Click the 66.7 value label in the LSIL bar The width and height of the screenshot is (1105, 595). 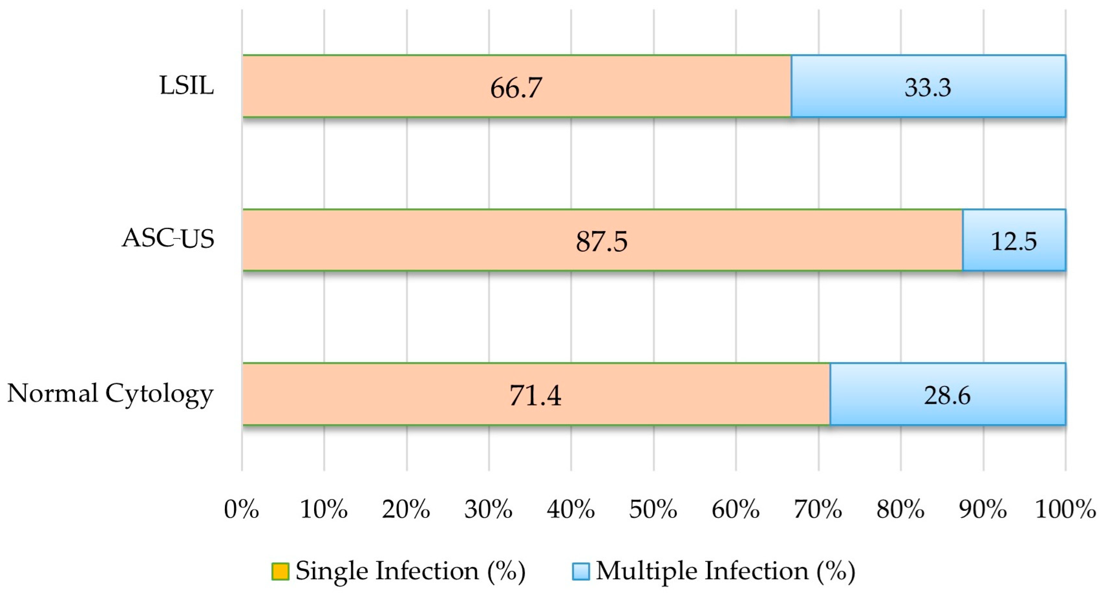pyautogui.click(x=516, y=88)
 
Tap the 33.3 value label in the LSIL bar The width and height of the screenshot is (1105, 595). pyautogui.click(x=928, y=87)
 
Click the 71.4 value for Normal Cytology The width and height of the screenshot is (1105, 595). pyautogui.click(x=535, y=395)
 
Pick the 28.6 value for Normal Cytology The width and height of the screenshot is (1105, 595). pyautogui.click(x=947, y=395)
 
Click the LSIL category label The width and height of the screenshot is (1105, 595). pyautogui.click(x=187, y=85)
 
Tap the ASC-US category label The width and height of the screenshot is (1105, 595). pyautogui.click(x=168, y=238)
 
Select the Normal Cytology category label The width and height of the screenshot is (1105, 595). pyautogui.click(x=110, y=393)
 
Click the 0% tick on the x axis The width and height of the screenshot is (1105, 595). pyautogui.click(x=242, y=510)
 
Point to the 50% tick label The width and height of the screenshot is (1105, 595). pyautogui.click(x=653, y=510)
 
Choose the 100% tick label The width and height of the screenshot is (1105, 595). pyautogui.click(x=1065, y=510)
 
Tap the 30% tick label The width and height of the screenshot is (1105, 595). pyautogui.click(x=488, y=510)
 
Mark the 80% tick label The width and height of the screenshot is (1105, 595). pyautogui.click(x=900, y=510)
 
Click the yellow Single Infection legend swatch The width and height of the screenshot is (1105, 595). pyautogui.click(x=280, y=571)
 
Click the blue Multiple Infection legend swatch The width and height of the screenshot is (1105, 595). pyautogui.click(x=581, y=571)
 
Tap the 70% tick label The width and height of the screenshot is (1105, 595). pyautogui.click(x=818, y=510)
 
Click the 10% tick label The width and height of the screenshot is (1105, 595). pyautogui.click(x=323, y=510)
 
